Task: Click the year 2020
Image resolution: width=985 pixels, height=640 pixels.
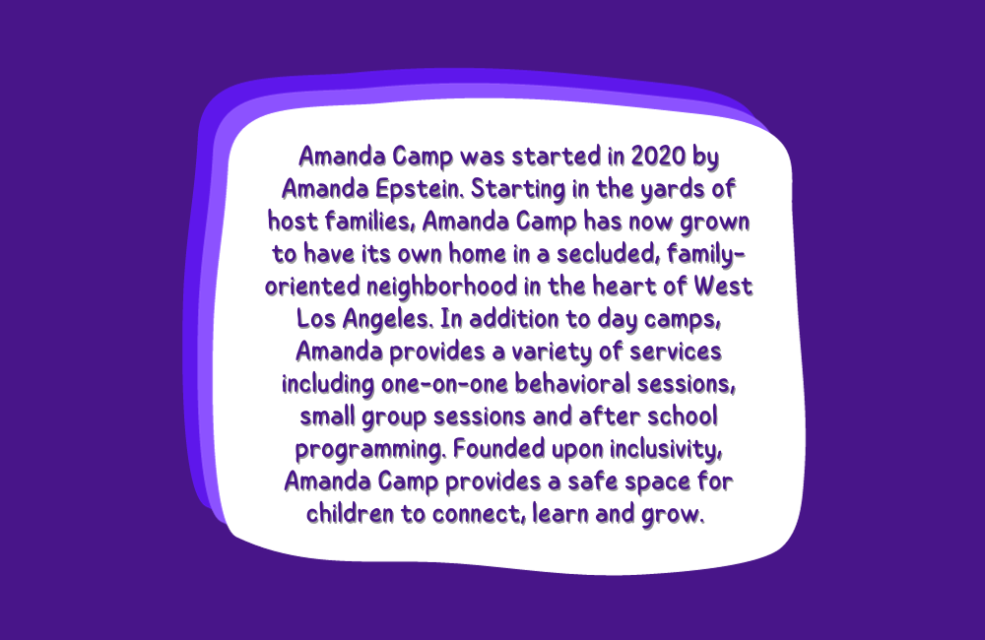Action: [658, 156]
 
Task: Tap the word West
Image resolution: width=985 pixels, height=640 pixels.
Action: [723, 287]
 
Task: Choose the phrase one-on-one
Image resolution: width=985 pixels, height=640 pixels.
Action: [444, 384]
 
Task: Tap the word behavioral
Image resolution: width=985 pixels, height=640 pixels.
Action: [572, 384]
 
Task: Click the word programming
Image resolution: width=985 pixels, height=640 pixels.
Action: [370, 450]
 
